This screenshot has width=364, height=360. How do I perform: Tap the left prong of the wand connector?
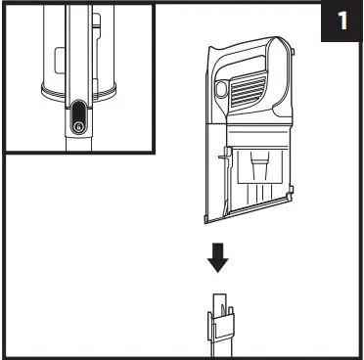pos(210,323)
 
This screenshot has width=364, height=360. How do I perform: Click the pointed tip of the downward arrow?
pos(219,270)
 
